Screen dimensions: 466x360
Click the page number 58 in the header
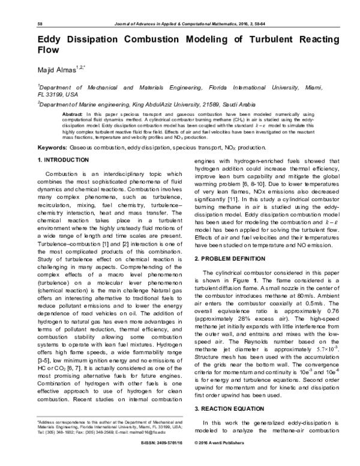pos(40,23)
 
